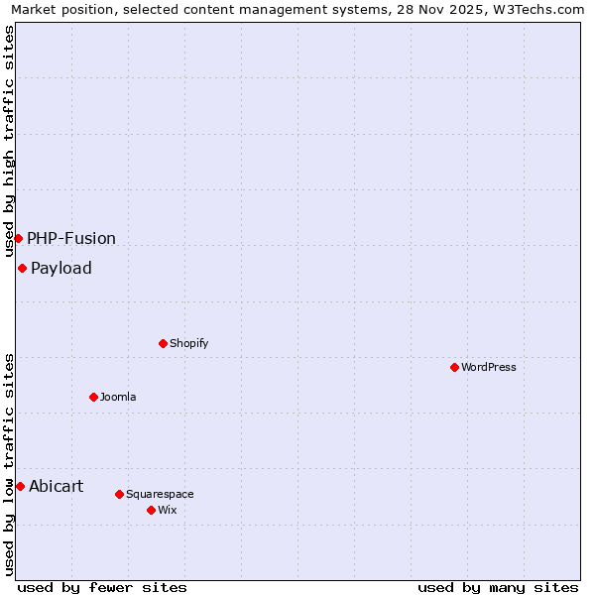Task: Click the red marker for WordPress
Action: (x=454, y=367)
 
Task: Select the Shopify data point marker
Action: (x=163, y=343)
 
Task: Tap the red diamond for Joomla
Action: (x=93, y=397)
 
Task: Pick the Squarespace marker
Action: (x=119, y=494)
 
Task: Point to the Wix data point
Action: (x=151, y=510)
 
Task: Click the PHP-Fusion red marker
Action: (x=18, y=238)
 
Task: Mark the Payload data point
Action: (x=22, y=268)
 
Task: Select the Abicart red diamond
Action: (x=20, y=486)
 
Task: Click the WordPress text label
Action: (x=489, y=367)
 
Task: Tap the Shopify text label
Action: (x=188, y=343)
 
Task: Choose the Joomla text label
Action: (x=118, y=397)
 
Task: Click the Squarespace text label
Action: (x=160, y=494)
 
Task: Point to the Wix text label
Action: (x=167, y=510)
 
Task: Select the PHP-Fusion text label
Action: (x=71, y=238)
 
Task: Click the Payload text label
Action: (x=61, y=268)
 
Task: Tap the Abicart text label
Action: (x=57, y=486)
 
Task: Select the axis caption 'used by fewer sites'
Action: (x=102, y=587)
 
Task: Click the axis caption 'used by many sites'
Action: (x=498, y=587)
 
